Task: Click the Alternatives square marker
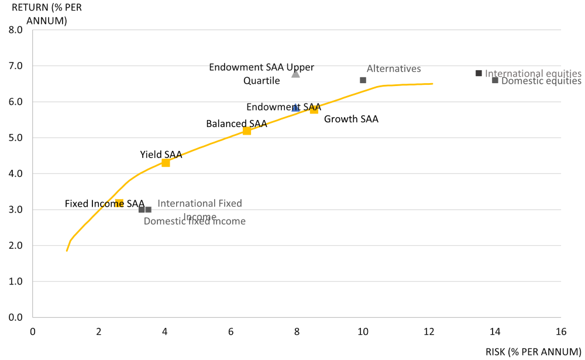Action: [363, 80]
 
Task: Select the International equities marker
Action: [479, 73]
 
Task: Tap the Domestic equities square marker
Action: [495, 80]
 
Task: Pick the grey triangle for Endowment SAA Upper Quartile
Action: [295, 73]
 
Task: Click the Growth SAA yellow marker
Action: [314, 109]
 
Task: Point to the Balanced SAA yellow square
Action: [247, 131]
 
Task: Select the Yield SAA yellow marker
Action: [166, 163]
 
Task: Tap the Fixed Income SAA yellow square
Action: [119, 203]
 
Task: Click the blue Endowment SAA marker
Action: [295, 108]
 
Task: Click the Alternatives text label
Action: [394, 68]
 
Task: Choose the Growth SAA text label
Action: [351, 119]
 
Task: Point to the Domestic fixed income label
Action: [194, 221]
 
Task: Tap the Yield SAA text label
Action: [161, 155]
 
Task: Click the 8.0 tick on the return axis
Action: [15, 30]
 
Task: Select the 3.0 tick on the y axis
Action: [15, 210]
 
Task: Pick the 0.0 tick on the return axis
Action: [15, 317]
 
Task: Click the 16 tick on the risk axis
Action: [561, 332]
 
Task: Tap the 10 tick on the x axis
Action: [363, 332]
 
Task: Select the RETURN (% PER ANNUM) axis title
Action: [40, 14]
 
